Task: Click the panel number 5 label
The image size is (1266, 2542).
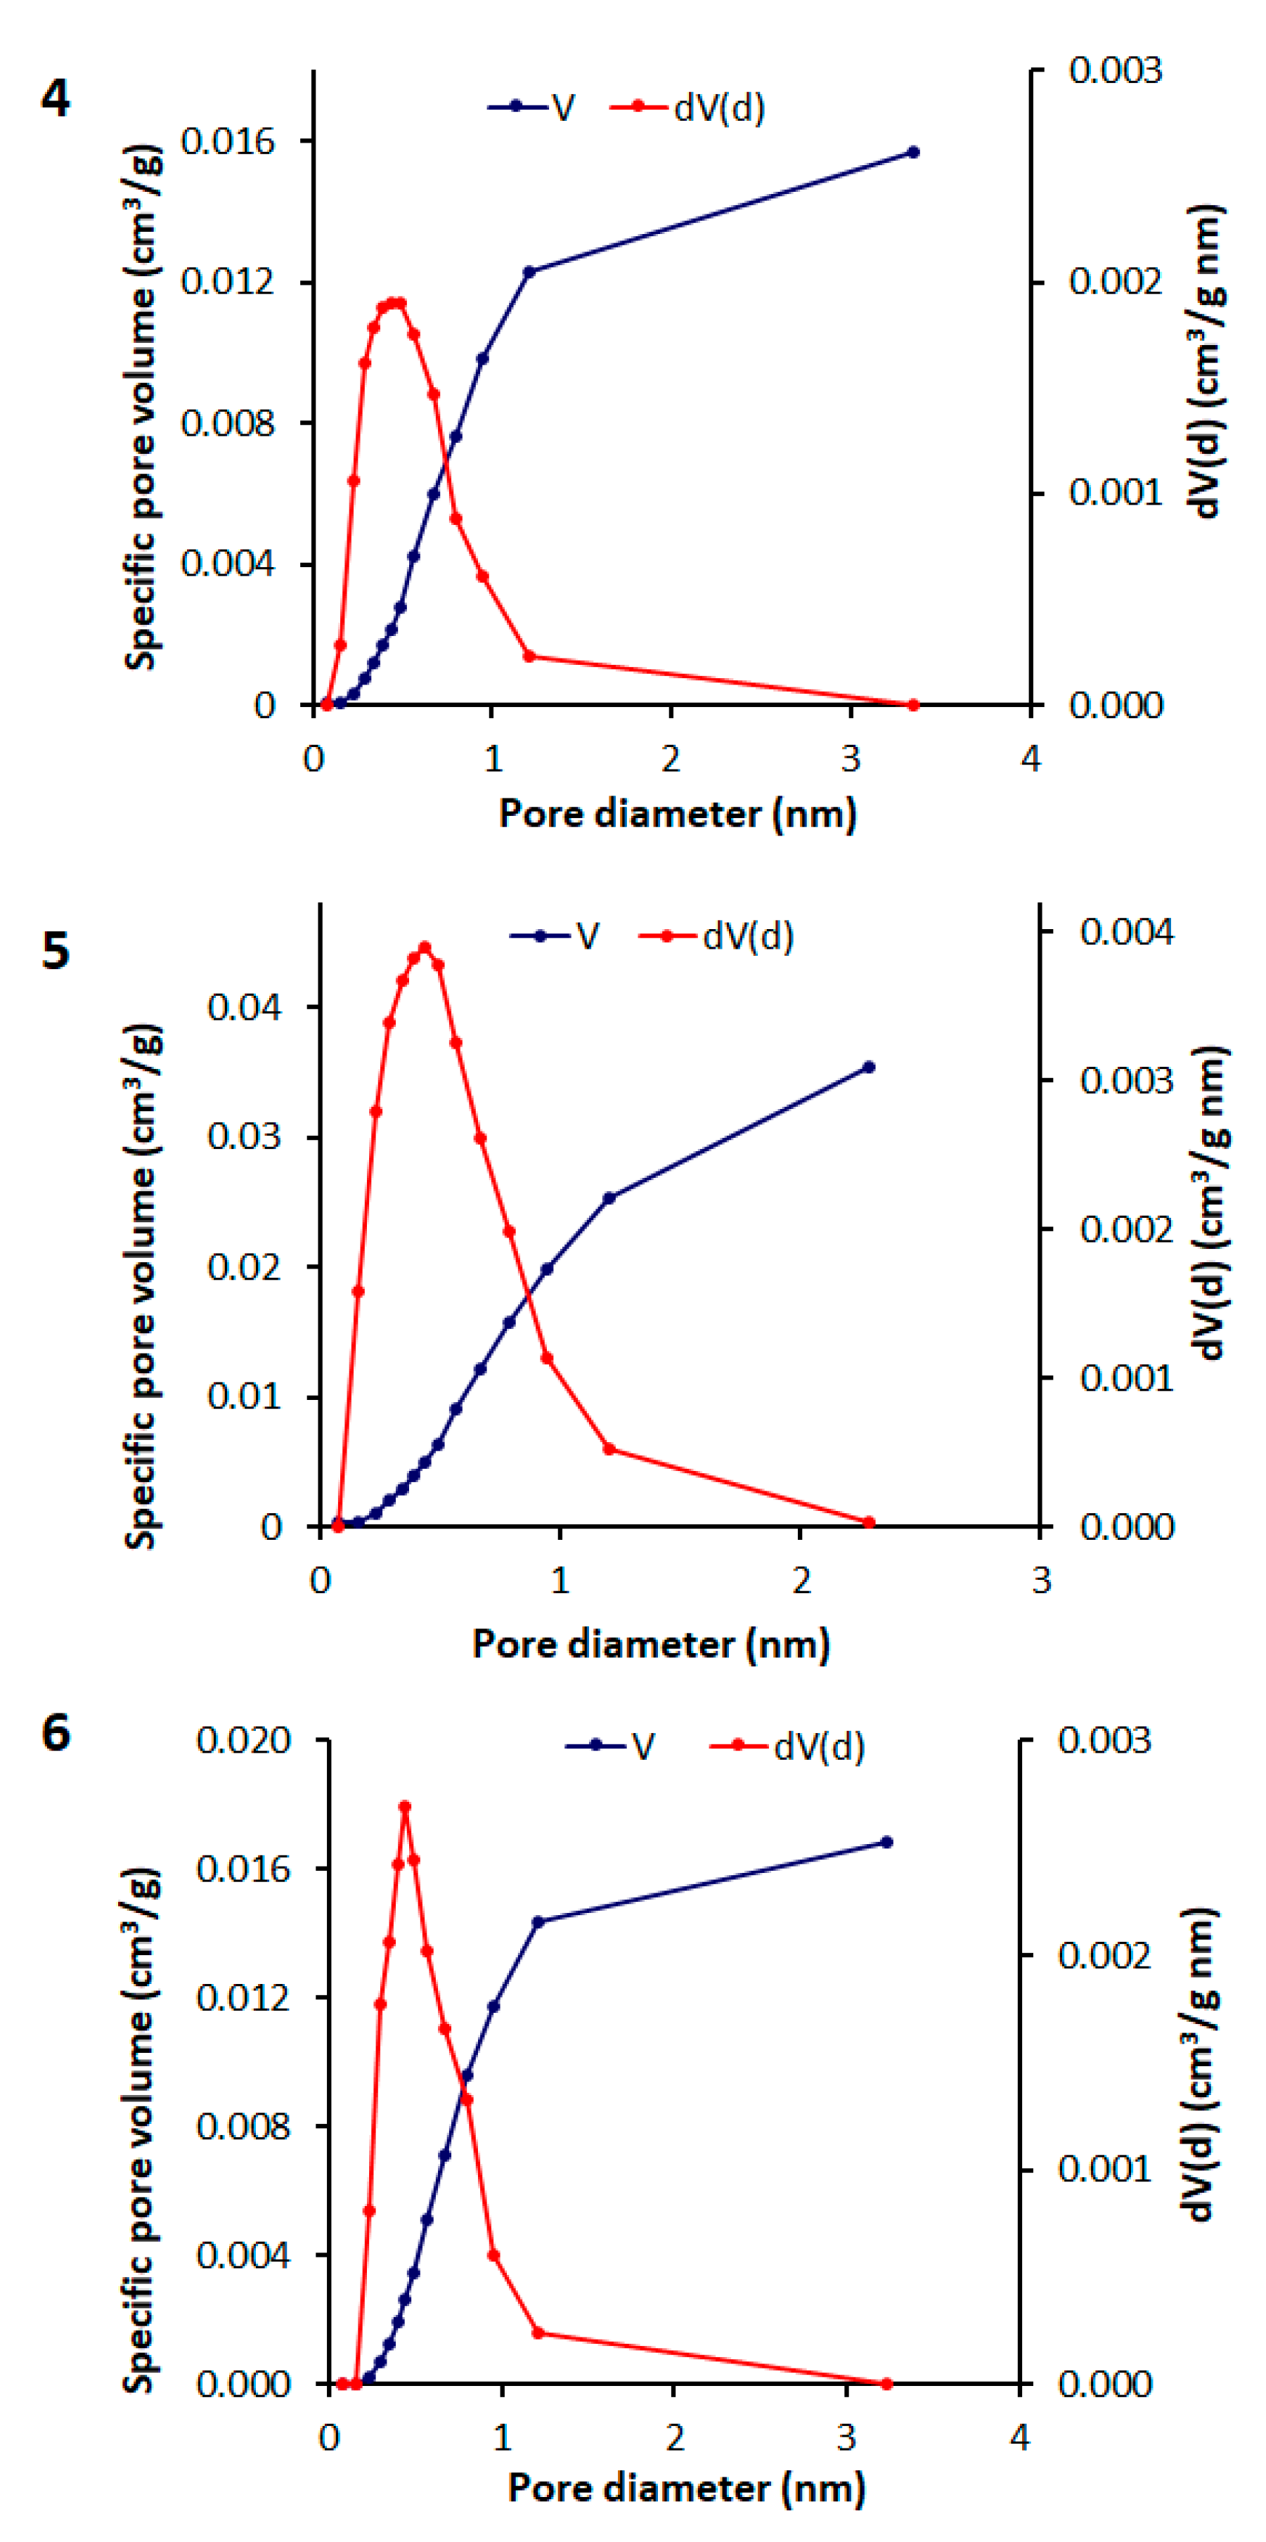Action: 56,952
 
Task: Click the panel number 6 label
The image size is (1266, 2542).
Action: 56,1734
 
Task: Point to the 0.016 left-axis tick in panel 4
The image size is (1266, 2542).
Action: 228,142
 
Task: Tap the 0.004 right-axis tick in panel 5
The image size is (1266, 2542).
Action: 1127,931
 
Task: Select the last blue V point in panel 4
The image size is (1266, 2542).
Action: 912,152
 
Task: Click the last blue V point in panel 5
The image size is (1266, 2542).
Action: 868,1067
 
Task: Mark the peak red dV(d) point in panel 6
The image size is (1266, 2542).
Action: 405,1807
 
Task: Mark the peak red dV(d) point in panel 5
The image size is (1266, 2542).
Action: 425,947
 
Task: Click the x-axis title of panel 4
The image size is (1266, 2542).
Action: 677,814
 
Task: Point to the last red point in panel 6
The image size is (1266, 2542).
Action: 886,2384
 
